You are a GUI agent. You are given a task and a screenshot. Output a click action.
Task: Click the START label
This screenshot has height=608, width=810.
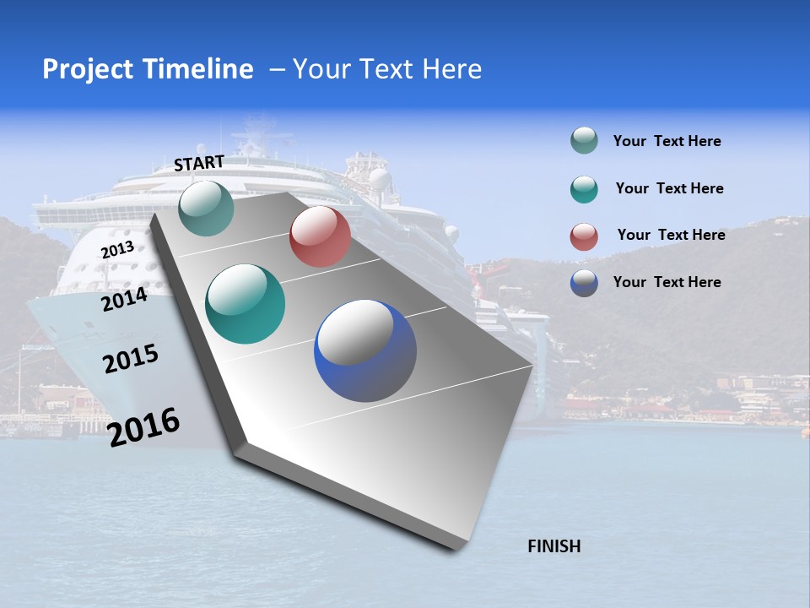click(x=199, y=163)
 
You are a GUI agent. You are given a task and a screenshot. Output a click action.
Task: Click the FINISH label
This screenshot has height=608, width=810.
click(x=553, y=546)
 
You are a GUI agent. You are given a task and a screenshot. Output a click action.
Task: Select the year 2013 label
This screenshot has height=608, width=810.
click(x=117, y=250)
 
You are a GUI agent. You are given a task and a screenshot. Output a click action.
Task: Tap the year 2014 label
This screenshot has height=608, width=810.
click(x=125, y=299)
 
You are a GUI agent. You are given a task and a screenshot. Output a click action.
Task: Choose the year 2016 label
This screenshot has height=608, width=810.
click(x=144, y=427)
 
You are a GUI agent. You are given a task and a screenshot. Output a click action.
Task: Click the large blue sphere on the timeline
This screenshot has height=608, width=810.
click(x=365, y=350)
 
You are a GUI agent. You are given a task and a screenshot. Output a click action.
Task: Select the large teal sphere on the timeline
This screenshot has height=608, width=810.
click(x=246, y=304)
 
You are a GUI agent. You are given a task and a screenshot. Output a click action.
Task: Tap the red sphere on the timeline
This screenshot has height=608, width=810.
click(x=320, y=236)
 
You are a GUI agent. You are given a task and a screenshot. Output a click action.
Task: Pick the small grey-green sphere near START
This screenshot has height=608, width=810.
click(x=207, y=208)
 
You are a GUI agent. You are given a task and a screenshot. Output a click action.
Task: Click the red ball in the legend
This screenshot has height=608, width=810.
click(x=584, y=236)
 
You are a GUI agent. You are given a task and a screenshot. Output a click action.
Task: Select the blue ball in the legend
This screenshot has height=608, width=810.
click(x=584, y=283)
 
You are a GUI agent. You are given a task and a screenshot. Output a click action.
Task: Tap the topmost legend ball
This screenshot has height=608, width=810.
click(x=584, y=140)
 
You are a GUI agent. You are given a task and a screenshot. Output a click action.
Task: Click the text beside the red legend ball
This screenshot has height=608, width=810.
click(x=671, y=235)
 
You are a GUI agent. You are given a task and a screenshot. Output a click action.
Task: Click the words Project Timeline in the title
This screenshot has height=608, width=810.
click(x=148, y=69)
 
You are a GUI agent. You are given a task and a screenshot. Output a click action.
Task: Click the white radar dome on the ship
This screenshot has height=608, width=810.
click(x=380, y=178)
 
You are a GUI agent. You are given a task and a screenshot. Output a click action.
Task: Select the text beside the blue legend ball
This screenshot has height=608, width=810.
click(x=667, y=282)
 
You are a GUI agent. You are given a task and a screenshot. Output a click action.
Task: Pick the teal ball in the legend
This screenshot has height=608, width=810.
click(x=584, y=189)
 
